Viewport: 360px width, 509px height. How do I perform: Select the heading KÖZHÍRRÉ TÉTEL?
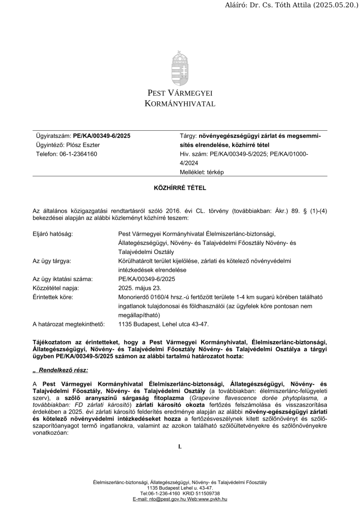click(180, 188)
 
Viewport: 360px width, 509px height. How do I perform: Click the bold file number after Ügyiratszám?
click(102, 136)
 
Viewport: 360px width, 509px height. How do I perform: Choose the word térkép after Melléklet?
click(213, 172)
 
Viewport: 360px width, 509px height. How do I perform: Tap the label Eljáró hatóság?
click(52, 234)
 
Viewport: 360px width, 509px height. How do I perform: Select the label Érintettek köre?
click(53, 297)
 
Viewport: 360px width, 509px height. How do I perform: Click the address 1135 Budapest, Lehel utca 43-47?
click(163, 324)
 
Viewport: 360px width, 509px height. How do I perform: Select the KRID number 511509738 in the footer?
click(204, 493)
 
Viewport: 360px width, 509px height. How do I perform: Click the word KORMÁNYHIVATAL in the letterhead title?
click(180, 104)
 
